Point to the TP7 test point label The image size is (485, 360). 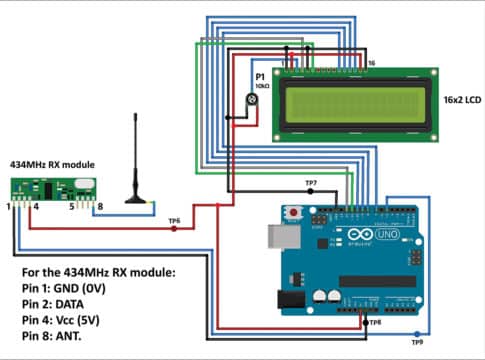(x=311, y=184)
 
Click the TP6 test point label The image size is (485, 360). (x=174, y=219)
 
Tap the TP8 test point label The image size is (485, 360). (x=373, y=322)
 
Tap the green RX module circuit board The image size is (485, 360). (x=50, y=187)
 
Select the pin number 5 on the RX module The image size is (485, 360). (x=71, y=208)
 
